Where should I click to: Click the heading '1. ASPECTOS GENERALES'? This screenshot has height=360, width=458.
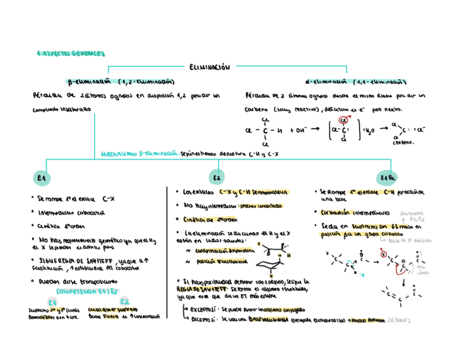[x=70, y=54]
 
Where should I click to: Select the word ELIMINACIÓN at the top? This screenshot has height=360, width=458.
[x=210, y=67]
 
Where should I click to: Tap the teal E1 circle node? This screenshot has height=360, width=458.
[x=42, y=178]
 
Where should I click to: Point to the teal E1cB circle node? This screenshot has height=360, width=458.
[x=388, y=178]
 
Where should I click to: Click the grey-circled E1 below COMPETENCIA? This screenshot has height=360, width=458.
[x=52, y=302]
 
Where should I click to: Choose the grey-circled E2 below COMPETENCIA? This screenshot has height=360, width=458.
[x=125, y=302]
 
